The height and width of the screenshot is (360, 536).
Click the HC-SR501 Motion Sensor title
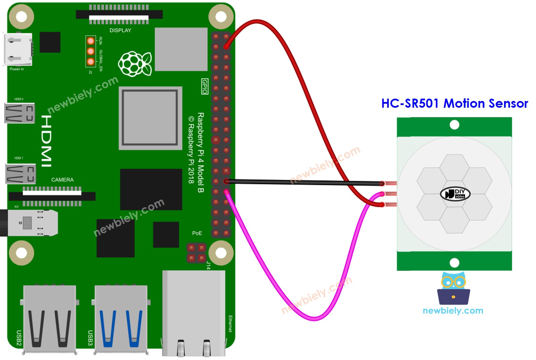coord(454,103)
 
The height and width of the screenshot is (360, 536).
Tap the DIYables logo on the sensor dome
coord(455,194)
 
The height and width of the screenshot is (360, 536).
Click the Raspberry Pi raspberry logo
coord(135,64)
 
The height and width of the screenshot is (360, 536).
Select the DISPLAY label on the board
coord(120,31)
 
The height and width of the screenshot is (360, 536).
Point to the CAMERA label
coord(62,180)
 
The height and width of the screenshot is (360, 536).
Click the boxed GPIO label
coord(205,87)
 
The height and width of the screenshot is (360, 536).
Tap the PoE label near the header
coord(197,233)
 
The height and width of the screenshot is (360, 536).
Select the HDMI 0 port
coord(19,113)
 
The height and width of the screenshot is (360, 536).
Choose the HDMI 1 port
coord(20,173)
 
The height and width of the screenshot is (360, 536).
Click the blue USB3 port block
coord(121,319)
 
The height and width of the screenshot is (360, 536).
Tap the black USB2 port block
coord(50,319)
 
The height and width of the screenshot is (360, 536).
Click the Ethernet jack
coord(194,314)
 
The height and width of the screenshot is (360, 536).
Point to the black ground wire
coord(302,182)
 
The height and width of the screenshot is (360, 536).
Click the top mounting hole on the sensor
coord(454,125)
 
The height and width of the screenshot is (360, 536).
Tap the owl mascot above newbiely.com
coord(453,289)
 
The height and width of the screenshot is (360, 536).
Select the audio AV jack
coord(30,223)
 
